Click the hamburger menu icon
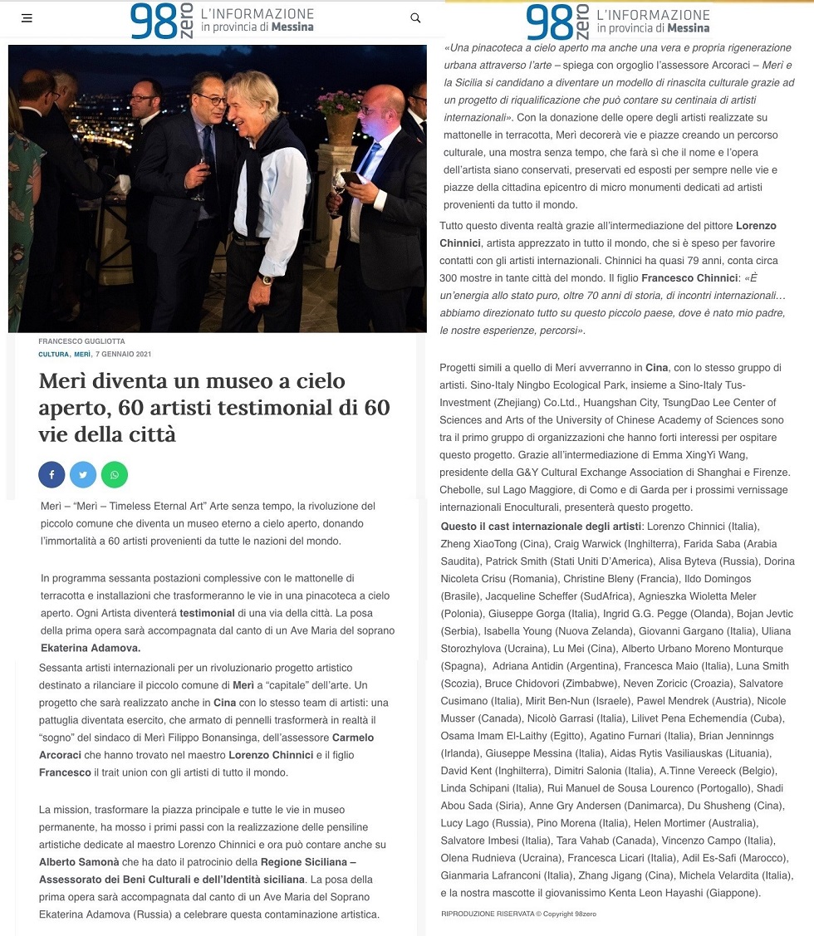(27, 17)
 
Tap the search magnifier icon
(415, 17)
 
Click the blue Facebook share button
(51, 474)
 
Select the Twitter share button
(83, 474)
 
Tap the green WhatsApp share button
(115, 474)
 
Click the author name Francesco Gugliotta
(81, 341)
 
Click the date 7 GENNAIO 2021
(123, 355)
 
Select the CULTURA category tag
(53, 355)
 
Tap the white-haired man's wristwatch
(267, 279)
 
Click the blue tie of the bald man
(365, 166)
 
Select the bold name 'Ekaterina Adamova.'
(91, 648)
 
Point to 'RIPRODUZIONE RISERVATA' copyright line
(519, 914)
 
